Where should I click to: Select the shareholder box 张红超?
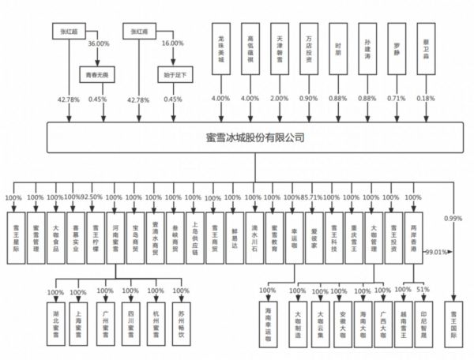pyautogui.click(x=69, y=32)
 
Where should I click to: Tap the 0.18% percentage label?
pyautogui.click(x=426, y=99)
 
